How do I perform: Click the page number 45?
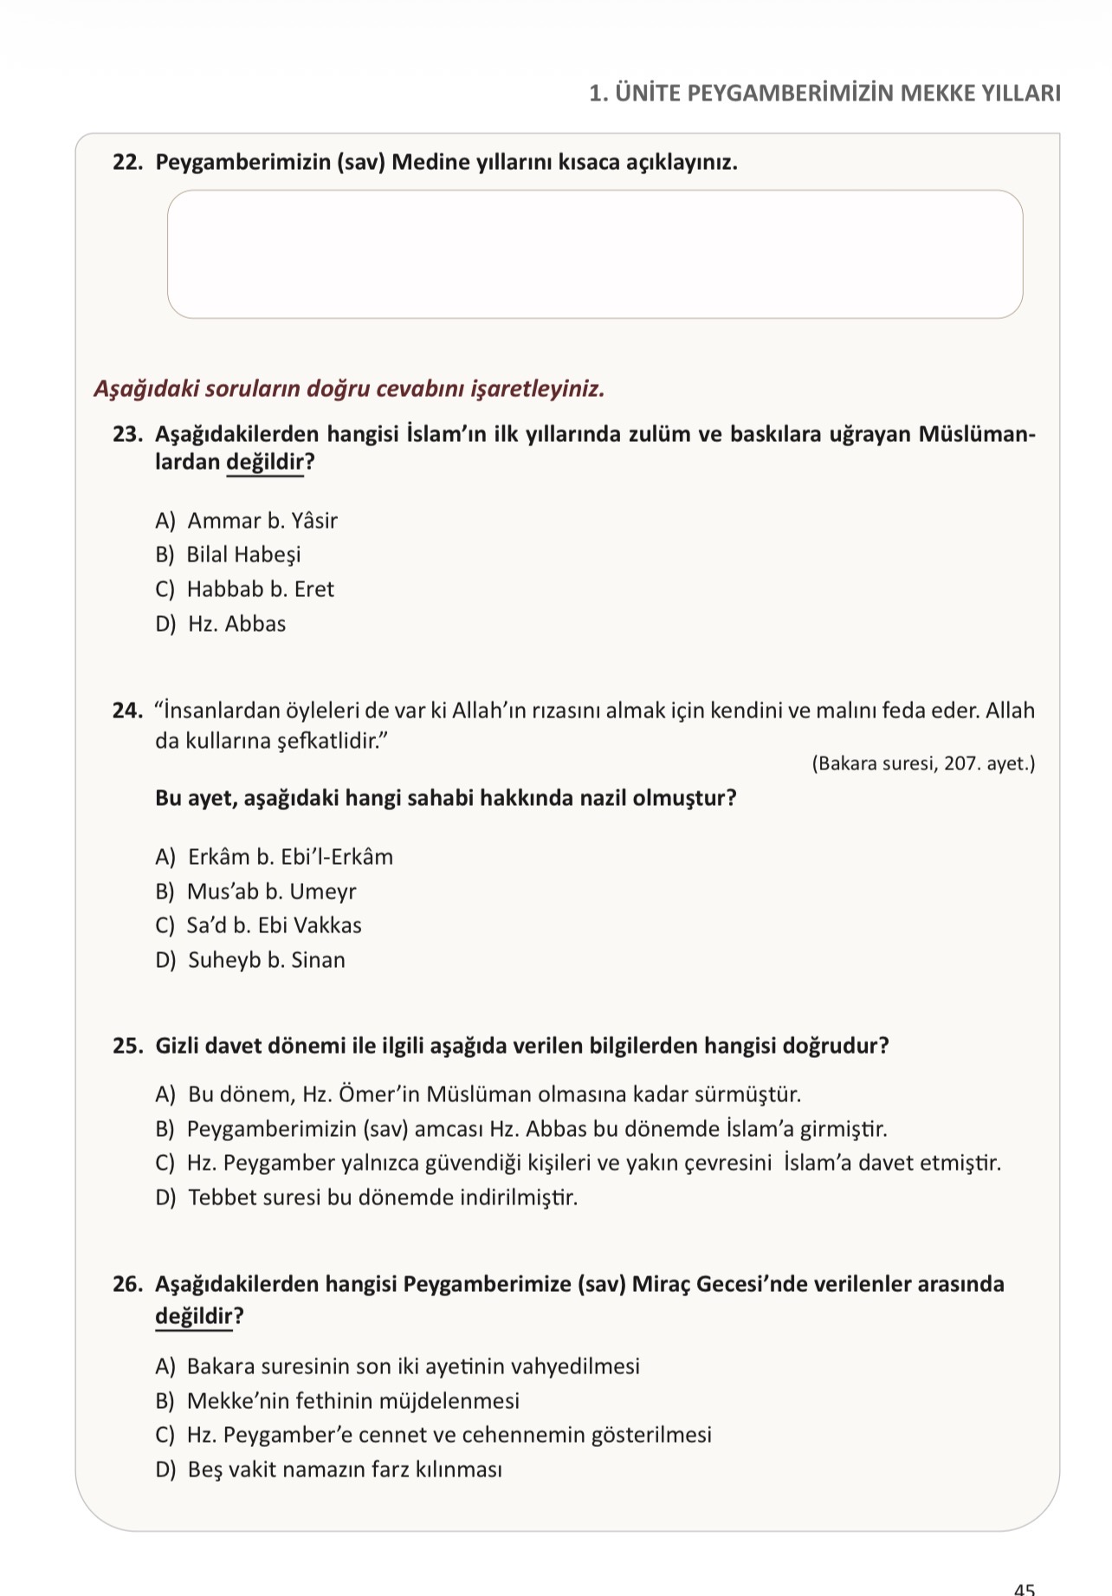[1025, 1586]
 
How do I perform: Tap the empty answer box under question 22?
[595, 254]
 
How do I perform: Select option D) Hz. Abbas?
[221, 624]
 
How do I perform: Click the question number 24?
[127, 711]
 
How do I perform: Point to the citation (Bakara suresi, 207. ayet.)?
[923, 764]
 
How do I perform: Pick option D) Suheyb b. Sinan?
[250, 960]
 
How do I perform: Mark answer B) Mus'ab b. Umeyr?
[255, 892]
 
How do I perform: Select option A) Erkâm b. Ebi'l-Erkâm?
[274, 857]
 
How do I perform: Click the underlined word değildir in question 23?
[265, 463]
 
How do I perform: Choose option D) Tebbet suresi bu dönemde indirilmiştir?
[366, 1197]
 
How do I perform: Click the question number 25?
[127, 1046]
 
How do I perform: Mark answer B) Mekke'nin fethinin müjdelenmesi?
[338, 1401]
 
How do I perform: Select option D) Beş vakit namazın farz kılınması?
[329, 1469]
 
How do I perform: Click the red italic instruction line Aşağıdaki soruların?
[349, 389]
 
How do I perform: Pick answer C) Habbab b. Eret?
[244, 589]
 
